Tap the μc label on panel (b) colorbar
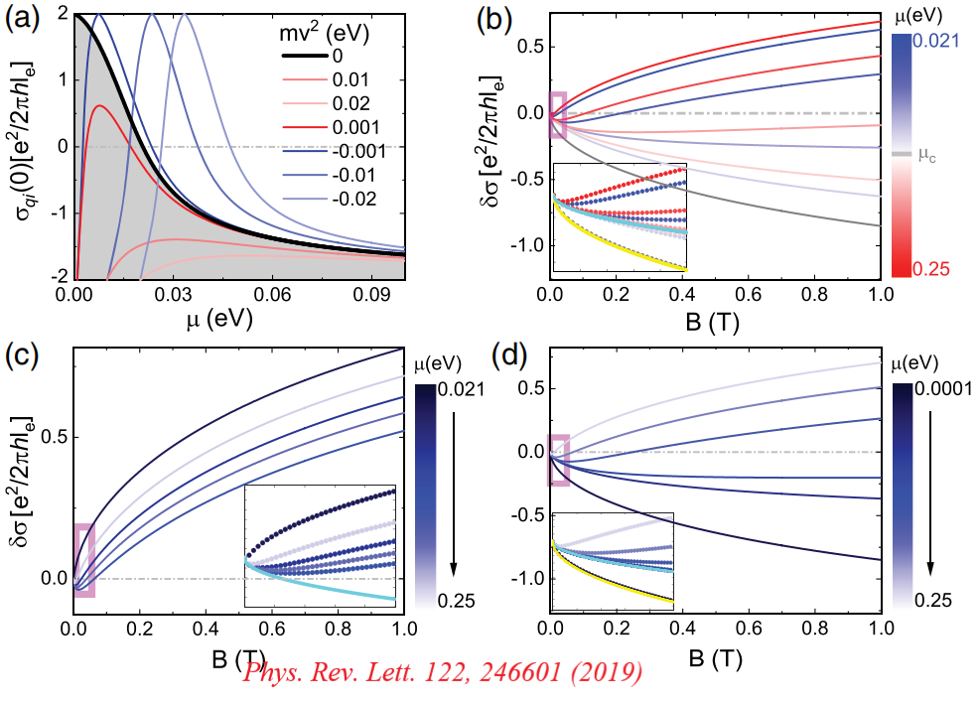[930, 154]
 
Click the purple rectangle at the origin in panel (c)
[85, 560]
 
